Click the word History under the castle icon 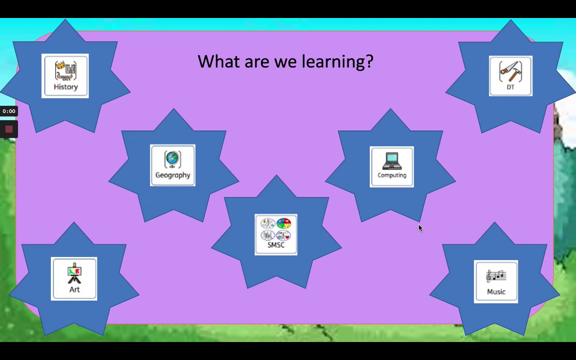coord(66,87)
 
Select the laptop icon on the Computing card coord(392,161)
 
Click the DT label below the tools coord(510,87)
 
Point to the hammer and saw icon coord(510,72)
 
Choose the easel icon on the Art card coord(74,273)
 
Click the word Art coord(74,289)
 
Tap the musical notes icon coord(496,276)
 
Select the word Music coord(496,292)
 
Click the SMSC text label coord(276,245)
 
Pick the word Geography coord(173,175)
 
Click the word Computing coord(392,175)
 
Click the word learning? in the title coord(337,62)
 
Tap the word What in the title coord(219,62)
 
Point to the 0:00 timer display coord(9,111)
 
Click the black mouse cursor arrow coord(420,228)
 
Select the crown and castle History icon coord(66,71)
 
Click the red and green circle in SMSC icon coord(283,223)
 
